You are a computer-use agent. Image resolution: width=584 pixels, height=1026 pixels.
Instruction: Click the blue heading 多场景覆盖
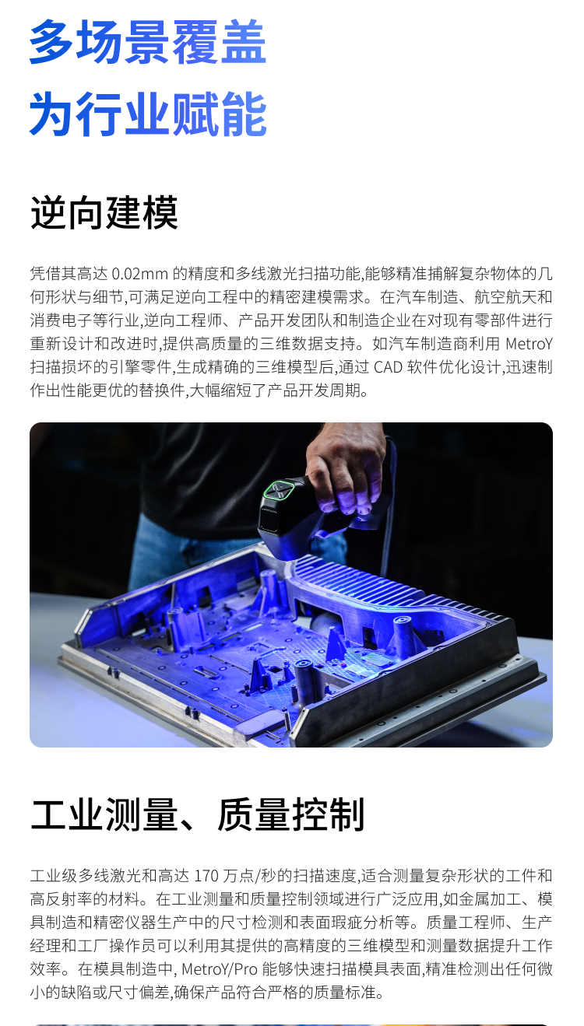148,42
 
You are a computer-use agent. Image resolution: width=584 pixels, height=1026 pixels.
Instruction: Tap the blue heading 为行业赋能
148,114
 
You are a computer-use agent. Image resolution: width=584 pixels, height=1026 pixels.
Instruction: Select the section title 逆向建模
104,212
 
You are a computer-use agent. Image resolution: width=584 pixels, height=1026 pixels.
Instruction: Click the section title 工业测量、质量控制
198,814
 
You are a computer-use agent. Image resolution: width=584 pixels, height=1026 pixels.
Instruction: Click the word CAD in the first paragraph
389,367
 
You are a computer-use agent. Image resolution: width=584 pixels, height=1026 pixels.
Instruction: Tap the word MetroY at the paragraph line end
529,344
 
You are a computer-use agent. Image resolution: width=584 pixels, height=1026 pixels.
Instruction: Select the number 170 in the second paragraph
206,876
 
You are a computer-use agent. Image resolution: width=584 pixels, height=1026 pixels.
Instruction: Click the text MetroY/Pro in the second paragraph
220,969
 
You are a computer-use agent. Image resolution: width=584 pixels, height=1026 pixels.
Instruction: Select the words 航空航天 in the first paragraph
505,297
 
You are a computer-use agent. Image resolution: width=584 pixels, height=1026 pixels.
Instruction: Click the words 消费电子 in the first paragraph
61,320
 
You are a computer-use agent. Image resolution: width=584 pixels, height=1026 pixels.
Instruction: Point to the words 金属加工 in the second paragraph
474,899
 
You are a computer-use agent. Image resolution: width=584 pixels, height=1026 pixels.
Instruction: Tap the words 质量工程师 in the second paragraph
466,923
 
